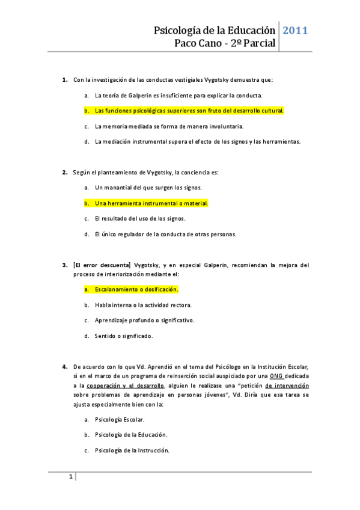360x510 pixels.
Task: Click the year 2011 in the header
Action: tap(295, 30)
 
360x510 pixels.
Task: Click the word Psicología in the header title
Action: tap(177, 30)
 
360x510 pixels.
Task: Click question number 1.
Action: tap(65, 79)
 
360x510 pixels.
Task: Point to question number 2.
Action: tap(65, 173)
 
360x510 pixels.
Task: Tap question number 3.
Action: tap(65, 264)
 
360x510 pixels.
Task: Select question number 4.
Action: tap(65, 366)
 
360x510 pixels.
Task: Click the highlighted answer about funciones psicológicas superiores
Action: tap(189, 111)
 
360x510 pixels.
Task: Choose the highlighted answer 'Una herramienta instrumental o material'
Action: tap(151, 203)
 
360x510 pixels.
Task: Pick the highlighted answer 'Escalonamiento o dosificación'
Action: tap(136, 289)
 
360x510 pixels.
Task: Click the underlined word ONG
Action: tap(277, 375)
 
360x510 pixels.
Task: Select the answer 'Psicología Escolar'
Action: tap(120, 419)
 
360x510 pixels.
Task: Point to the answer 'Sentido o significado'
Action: tap(123, 336)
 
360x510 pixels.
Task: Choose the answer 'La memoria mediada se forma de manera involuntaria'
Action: tap(169, 126)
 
